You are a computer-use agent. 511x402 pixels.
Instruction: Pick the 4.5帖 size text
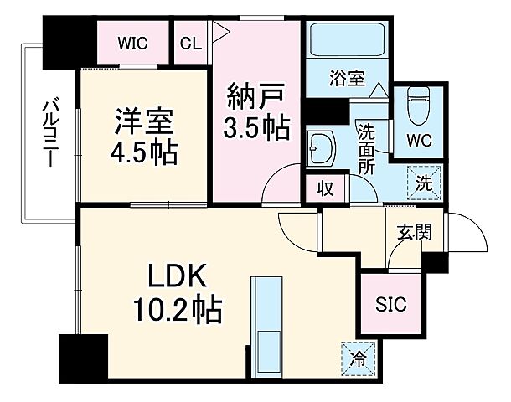pyautogui.click(x=143, y=157)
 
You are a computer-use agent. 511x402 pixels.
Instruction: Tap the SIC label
pyautogui.click(x=390, y=304)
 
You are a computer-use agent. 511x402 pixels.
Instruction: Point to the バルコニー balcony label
pyautogui.click(x=49, y=134)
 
